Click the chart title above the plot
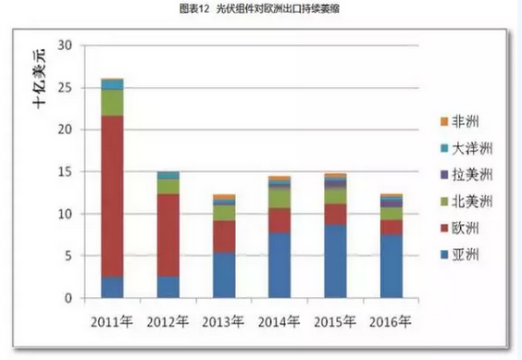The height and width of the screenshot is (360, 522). pyautogui.click(x=261, y=9)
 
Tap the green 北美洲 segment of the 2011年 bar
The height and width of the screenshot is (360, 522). pyautogui.click(x=113, y=103)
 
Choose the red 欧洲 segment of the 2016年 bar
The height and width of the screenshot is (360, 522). pyautogui.click(x=391, y=227)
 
